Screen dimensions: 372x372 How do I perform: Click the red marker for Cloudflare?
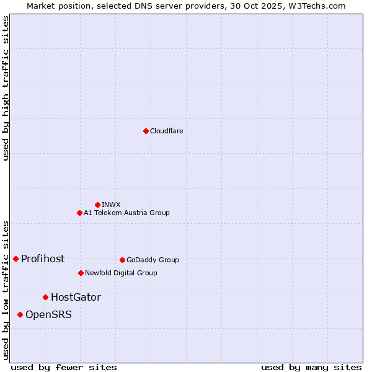point(146,131)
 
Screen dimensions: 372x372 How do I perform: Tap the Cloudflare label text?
point(167,131)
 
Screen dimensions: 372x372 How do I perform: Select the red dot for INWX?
point(97,205)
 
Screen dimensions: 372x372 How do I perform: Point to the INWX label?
point(112,205)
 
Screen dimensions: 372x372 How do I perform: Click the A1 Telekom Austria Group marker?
point(79,213)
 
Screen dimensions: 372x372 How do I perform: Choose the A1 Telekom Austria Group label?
point(126,213)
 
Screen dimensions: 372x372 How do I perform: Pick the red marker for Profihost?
point(15,259)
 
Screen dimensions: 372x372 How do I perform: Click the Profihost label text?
point(43,259)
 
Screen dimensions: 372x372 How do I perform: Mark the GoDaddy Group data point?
point(122,260)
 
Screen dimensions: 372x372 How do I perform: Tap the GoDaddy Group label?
point(153,260)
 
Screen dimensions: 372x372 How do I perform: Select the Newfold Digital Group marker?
point(81,273)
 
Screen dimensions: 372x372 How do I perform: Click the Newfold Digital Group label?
point(121,273)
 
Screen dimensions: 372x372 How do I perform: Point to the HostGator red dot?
point(45,297)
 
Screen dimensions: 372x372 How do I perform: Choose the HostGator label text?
point(76,298)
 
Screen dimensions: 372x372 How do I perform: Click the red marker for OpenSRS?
point(20,314)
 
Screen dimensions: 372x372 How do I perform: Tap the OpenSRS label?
point(48,315)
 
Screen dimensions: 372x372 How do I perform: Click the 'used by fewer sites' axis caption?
point(64,367)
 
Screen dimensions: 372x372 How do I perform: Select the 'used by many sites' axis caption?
point(311,367)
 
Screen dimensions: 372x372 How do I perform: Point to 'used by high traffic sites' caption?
point(6,88)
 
